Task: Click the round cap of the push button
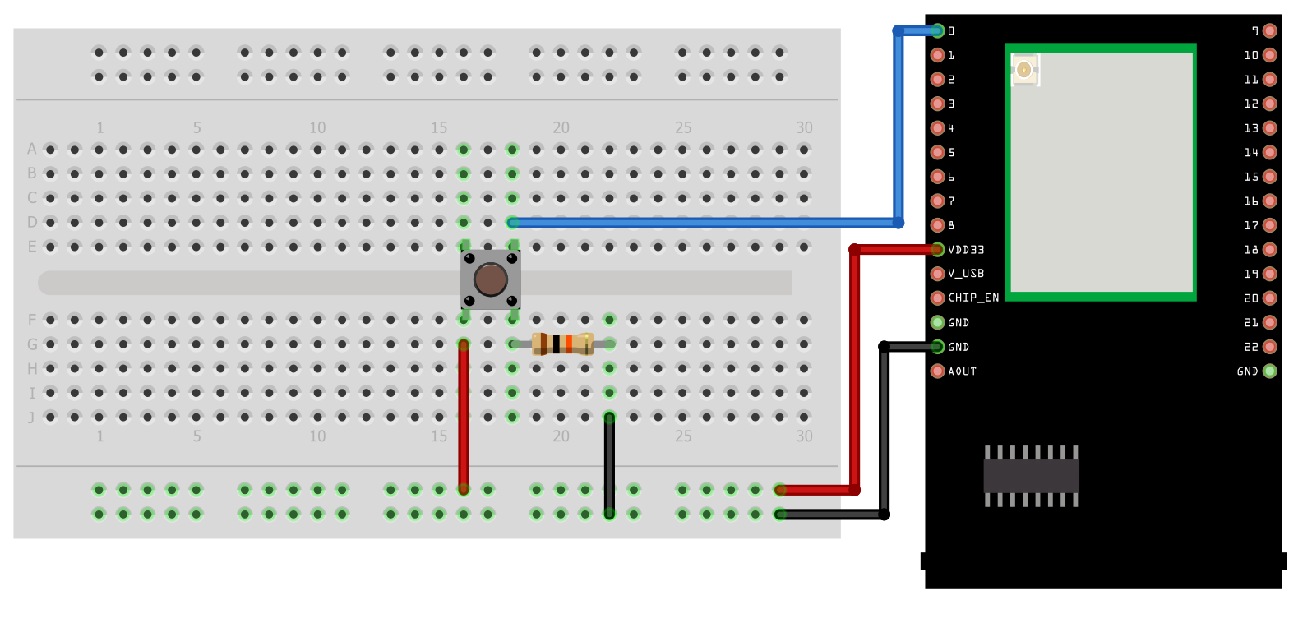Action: (x=491, y=279)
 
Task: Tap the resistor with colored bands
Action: (x=562, y=344)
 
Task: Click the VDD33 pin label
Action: (x=966, y=250)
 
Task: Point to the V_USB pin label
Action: (x=966, y=274)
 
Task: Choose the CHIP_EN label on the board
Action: (x=973, y=298)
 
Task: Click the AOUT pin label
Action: (x=963, y=371)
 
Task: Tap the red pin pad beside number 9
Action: (x=1270, y=31)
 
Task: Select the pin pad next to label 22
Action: (x=1270, y=347)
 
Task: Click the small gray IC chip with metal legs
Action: (x=1032, y=476)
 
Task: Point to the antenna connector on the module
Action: (x=1024, y=70)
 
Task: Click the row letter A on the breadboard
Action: (x=32, y=149)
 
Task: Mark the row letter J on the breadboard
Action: (x=32, y=418)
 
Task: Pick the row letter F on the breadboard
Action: (x=32, y=320)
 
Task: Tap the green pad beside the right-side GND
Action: (x=1270, y=371)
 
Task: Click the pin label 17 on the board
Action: (x=1251, y=225)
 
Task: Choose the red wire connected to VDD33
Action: (x=855, y=370)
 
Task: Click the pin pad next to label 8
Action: (x=937, y=225)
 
